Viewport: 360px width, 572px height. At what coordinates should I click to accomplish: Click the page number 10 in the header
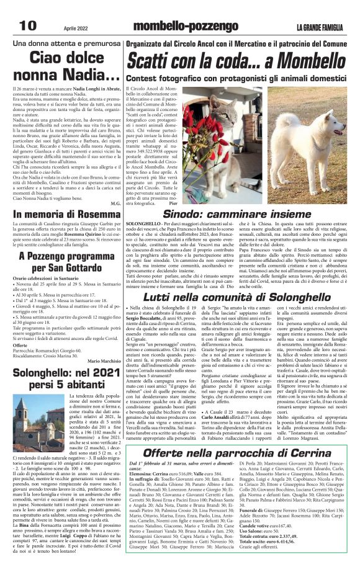[x=28, y=24]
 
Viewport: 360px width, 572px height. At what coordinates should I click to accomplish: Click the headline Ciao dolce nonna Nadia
[x=69, y=68]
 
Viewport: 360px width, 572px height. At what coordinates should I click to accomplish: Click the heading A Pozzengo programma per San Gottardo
[x=69, y=261]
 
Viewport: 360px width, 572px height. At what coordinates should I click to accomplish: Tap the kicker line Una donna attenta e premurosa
[x=69, y=44]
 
